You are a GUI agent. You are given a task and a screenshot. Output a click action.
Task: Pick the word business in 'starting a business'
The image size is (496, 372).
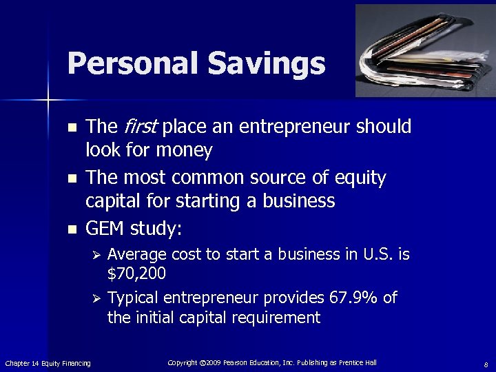point(301,201)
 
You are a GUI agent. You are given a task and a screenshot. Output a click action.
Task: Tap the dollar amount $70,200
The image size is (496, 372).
point(136,273)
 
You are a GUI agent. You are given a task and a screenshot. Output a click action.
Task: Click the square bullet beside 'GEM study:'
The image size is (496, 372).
point(72,229)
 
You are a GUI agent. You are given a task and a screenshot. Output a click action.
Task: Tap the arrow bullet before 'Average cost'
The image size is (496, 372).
point(97,255)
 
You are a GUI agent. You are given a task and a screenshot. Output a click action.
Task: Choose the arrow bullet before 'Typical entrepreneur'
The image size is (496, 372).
point(97,298)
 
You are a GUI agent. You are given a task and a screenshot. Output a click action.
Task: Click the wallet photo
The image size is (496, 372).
point(424,50)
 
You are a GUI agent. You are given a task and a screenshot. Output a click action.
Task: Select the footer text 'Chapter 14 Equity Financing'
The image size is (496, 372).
point(48,363)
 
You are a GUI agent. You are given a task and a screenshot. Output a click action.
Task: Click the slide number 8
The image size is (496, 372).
point(486,364)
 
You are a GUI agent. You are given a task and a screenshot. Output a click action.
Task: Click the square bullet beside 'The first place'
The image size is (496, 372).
point(72,128)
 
